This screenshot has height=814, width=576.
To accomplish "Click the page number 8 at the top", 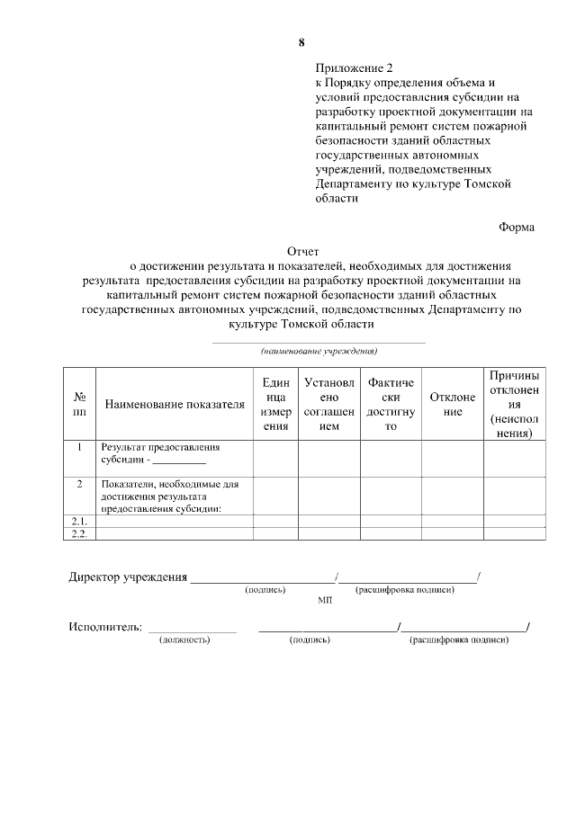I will (301, 42).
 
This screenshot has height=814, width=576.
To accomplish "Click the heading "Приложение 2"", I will (355, 67).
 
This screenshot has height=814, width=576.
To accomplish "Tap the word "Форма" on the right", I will (517, 227).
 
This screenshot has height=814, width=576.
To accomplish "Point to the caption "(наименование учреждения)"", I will (319, 351).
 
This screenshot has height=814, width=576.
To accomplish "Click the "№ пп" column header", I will (79, 404).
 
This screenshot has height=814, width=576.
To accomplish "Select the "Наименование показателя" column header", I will (175, 405).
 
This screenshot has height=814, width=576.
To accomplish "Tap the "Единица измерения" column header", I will (275, 405).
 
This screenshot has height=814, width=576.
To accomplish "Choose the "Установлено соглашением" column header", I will (329, 405).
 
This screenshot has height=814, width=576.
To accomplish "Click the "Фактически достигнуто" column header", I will (391, 405).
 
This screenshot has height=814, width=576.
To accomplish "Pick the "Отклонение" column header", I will (453, 405).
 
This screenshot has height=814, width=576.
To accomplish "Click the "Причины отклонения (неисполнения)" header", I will (515, 404).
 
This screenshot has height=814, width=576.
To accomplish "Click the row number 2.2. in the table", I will (79, 534).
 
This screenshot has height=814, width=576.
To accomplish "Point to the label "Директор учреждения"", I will (128, 577).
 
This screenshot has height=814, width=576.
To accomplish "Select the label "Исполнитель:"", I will (105, 627).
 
